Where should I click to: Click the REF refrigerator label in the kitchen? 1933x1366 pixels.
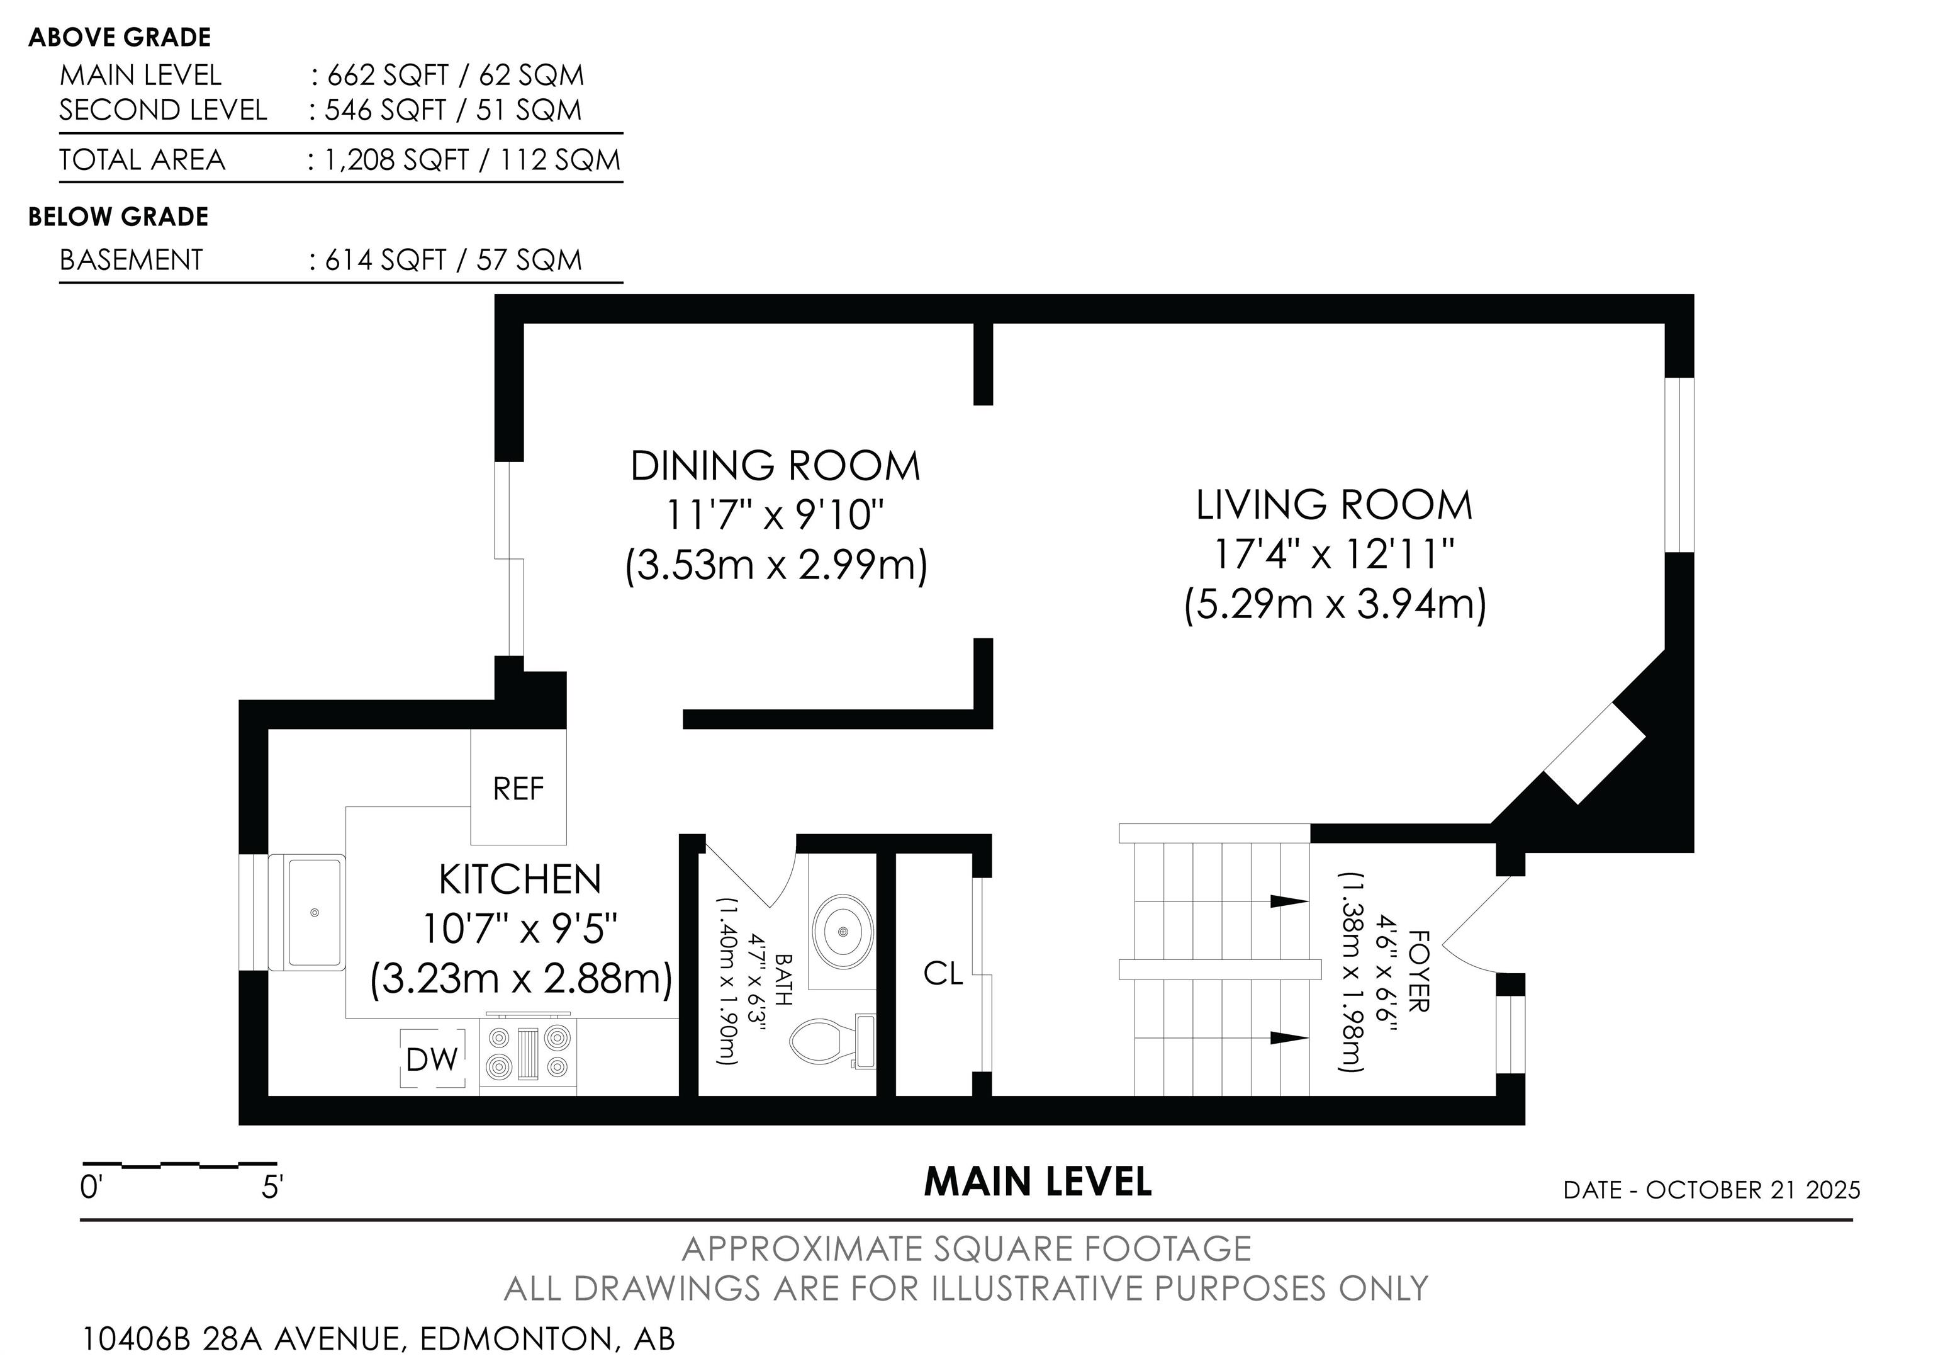point(518,789)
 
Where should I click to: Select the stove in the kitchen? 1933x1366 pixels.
point(528,1053)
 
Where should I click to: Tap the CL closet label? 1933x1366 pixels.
point(943,974)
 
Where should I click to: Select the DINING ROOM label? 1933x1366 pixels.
point(775,466)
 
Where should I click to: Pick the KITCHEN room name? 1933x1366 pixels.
point(520,880)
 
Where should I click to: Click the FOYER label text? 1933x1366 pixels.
point(1418,971)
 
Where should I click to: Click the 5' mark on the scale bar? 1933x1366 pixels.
point(272,1187)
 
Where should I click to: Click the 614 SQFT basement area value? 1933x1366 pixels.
point(386,259)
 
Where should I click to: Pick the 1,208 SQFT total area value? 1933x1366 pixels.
point(396,160)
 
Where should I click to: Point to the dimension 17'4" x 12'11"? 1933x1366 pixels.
point(1335,553)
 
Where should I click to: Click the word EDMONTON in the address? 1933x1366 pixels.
point(517,1339)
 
